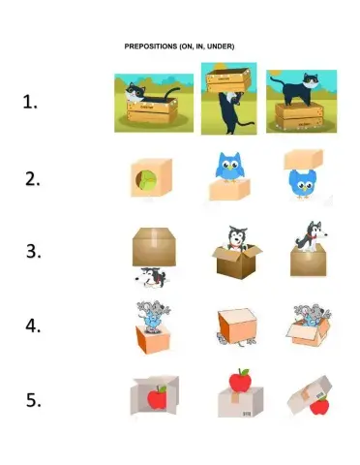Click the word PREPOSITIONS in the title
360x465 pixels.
[x=150, y=46]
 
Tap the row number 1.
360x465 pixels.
[x=31, y=104]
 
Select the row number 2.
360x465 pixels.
[x=32, y=178]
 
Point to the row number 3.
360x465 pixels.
[x=32, y=252]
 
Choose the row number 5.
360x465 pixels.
[x=32, y=399]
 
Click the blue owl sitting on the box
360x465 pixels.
[x=228, y=167]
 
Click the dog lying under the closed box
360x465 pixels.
[x=153, y=277]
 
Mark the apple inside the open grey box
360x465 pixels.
[x=156, y=397]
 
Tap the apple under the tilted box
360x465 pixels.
[x=316, y=405]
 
